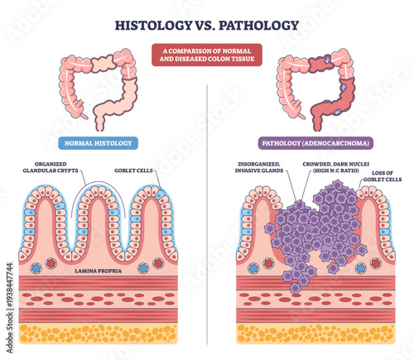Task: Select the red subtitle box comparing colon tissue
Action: coord(206,54)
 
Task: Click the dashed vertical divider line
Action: coord(206,207)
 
